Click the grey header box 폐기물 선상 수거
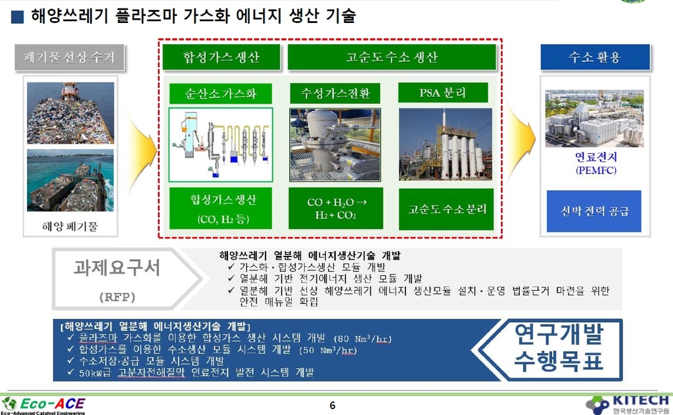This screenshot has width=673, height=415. (x=70, y=57)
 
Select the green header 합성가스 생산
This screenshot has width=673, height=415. (x=221, y=57)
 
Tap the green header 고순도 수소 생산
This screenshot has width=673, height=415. (x=392, y=57)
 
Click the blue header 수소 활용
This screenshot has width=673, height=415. (x=595, y=57)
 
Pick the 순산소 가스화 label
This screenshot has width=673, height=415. (x=221, y=93)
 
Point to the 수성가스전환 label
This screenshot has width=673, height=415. (x=335, y=93)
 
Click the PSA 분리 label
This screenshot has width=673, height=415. (x=443, y=93)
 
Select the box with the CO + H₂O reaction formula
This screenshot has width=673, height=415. (x=336, y=208)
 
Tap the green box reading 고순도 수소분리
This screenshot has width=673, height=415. (x=446, y=209)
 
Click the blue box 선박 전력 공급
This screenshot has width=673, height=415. (x=594, y=211)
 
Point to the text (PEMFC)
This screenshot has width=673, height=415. (x=595, y=170)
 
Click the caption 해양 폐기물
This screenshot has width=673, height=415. (x=70, y=226)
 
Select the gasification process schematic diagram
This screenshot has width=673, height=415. (x=221, y=145)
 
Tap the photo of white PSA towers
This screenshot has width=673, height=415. (x=446, y=144)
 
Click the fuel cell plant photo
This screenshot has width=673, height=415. (x=594, y=118)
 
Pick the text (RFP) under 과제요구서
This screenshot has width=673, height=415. (x=117, y=297)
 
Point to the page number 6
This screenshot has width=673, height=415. (x=333, y=405)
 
